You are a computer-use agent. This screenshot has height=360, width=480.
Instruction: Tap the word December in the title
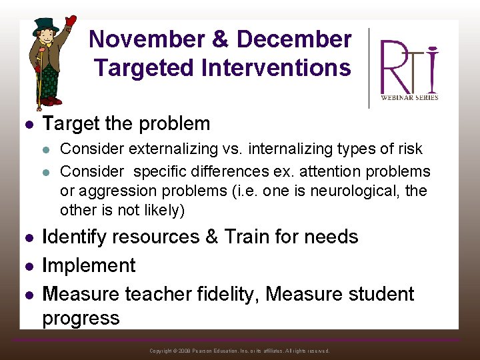coord(293,39)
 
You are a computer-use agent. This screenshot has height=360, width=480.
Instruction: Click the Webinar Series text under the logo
coord(409,97)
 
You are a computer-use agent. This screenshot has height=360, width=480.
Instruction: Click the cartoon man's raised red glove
coord(70,22)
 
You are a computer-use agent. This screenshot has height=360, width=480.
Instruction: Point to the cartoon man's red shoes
coord(49,102)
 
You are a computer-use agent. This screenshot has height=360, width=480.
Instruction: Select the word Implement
coord(89,265)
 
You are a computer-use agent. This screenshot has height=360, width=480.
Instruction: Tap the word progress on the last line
coord(81,318)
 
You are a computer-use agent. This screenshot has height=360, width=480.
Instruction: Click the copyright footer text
coord(239,351)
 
